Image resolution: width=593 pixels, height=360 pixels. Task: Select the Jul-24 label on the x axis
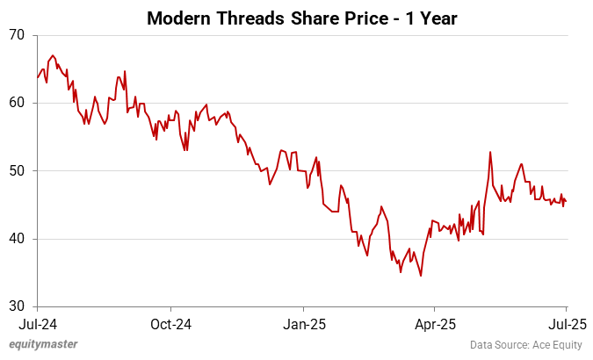[x=38, y=322]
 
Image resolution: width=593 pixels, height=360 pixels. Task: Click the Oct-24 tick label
[x=170, y=322]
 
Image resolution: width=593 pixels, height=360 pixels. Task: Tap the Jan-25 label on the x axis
[x=303, y=322]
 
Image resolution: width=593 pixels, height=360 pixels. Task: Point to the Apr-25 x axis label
[x=435, y=322]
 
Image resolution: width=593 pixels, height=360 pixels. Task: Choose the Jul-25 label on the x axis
[x=565, y=322]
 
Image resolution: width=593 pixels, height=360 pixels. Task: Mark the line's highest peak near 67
[x=53, y=55]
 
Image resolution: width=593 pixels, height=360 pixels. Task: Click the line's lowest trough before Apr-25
[x=421, y=276]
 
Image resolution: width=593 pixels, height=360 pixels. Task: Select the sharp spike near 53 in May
[x=490, y=152]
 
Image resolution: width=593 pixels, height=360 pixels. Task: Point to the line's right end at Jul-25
[x=565, y=201]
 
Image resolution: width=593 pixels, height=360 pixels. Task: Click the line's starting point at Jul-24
[x=38, y=78]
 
